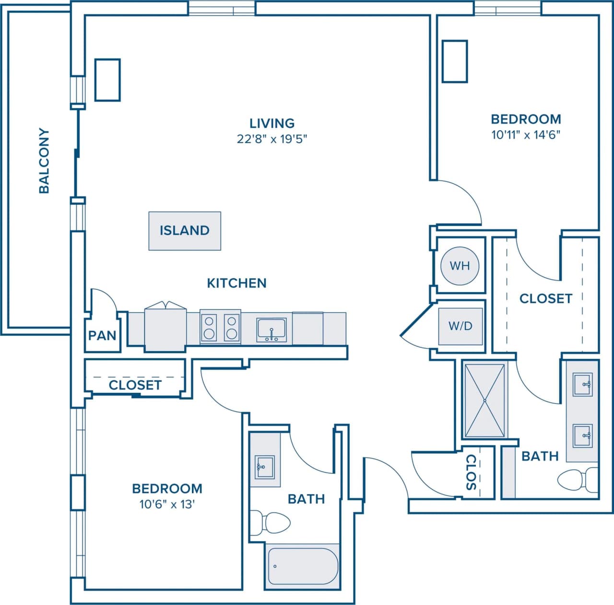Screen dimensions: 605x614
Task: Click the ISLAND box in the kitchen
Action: (185, 230)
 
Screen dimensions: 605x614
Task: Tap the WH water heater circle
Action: (460, 265)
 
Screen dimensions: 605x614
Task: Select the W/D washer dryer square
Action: (460, 326)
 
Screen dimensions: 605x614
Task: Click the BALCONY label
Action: (44, 160)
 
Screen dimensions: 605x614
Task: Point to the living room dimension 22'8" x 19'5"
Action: (272, 139)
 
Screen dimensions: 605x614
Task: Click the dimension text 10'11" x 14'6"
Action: (526, 135)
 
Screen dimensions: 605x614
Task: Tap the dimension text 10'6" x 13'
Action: (167, 504)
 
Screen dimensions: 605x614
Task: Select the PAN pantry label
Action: (102, 335)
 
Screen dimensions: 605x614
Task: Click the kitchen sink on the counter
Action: (272, 330)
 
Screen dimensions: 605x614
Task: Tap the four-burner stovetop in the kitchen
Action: (220, 327)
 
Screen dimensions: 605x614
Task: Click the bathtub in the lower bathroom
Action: (303, 565)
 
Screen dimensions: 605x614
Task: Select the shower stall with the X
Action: (485, 400)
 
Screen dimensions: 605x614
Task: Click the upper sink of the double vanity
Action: (582, 384)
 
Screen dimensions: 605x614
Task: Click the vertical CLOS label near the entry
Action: (471, 472)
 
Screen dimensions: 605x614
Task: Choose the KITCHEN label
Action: (236, 283)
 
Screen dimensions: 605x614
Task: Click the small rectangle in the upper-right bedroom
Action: (454, 61)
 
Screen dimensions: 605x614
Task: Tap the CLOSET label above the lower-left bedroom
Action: (135, 385)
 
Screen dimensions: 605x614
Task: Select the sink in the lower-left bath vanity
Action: (263, 467)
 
